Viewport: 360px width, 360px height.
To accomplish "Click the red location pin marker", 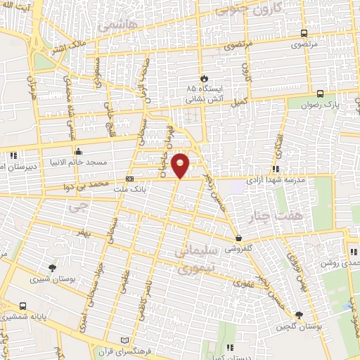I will point(181,165).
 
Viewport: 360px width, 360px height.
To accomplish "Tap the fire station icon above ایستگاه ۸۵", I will point(203,78).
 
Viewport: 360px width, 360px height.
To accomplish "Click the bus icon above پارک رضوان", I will point(320,93).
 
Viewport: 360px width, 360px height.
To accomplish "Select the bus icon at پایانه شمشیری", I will point(23,307).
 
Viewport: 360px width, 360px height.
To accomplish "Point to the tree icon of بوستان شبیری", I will point(52,268).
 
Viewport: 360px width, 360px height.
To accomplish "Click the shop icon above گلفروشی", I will point(240,238).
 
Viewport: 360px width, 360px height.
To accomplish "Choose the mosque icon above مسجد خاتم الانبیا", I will point(78,151).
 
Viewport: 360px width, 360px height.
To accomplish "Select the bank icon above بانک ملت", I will point(129,179).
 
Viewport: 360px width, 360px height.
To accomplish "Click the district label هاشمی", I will point(114,25).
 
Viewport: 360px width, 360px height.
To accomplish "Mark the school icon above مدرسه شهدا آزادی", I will point(274,169).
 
